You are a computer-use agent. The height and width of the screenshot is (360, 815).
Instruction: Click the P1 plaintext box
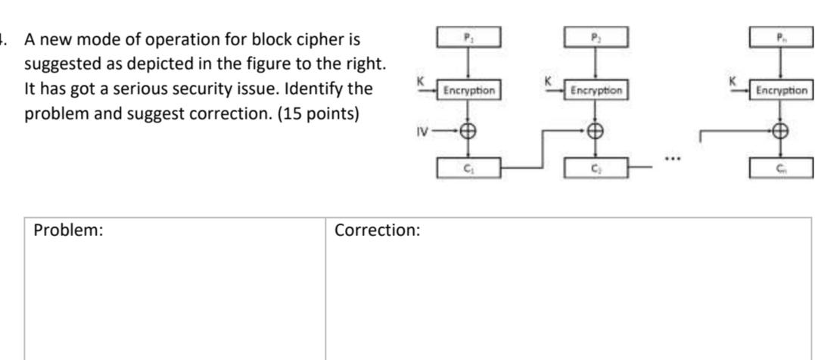click(x=468, y=36)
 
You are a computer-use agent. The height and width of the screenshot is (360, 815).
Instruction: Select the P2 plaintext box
click(x=596, y=36)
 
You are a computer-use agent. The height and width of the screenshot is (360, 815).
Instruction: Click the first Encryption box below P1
click(x=468, y=91)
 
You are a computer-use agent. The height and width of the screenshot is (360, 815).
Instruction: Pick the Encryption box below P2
click(x=596, y=91)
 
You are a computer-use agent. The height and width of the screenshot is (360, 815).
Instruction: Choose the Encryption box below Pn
click(x=781, y=91)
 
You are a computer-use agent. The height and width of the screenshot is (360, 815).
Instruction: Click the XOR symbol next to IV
click(x=468, y=131)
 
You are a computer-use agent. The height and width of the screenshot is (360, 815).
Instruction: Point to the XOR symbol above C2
click(x=596, y=131)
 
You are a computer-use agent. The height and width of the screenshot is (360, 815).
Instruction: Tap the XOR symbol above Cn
click(x=781, y=131)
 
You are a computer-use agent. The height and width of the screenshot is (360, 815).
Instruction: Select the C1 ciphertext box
click(x=468, y=168)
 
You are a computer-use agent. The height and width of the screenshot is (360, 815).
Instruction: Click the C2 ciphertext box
click(x=596, y=168)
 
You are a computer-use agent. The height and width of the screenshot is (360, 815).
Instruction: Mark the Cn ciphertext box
click(x=781, y=168)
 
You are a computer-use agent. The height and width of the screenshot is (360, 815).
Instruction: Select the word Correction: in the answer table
click(x=377, y=231)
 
